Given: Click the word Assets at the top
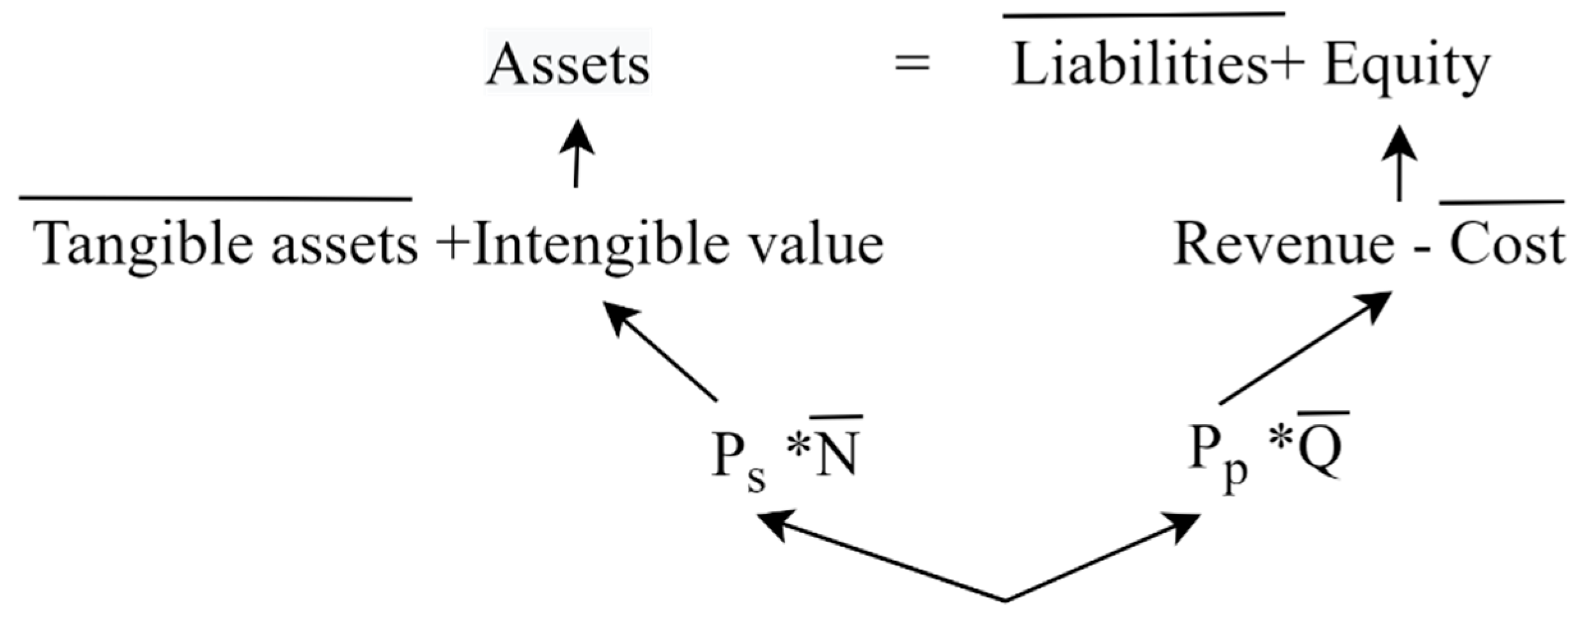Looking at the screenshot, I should tap(568, 65).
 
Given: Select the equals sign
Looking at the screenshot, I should tap(912, 64).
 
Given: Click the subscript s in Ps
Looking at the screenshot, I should tap(756, 481).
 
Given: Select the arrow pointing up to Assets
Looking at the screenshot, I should tap(577, 153).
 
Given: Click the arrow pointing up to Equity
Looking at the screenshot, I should tap(1400, 163).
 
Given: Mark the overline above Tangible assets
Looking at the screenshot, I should tap(215, 199).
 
